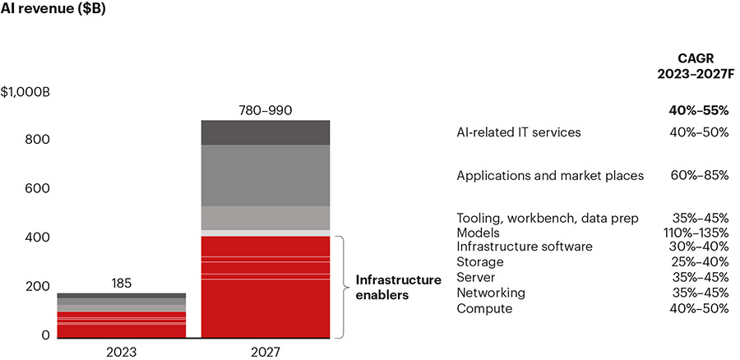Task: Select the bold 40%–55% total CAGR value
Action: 699,110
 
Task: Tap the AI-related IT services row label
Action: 519,132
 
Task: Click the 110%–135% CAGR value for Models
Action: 696,233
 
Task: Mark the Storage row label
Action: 480,262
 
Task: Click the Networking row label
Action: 491,293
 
